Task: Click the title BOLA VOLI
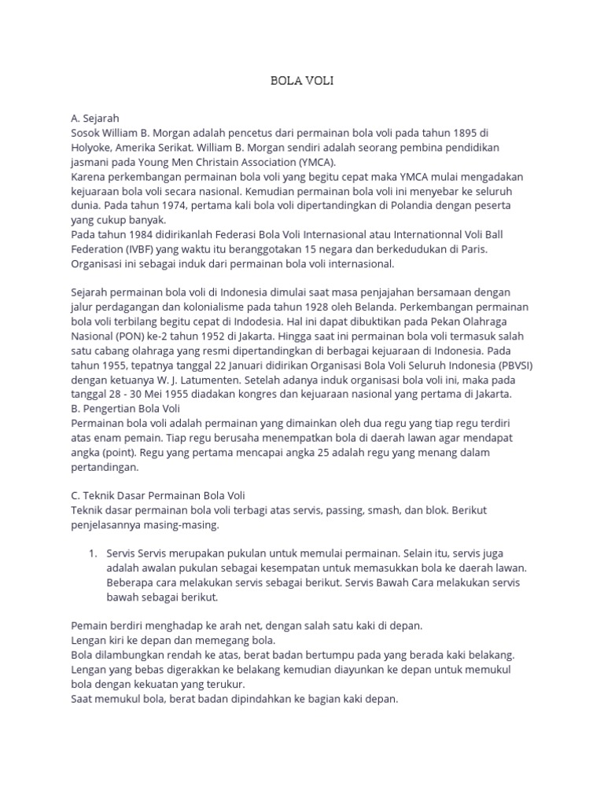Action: coord(302,81)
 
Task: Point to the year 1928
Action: coord(326,307)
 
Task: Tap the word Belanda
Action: coord(378,307)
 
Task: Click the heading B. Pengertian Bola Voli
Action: coord(126,408)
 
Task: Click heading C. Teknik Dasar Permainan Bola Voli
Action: coord(158,495)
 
